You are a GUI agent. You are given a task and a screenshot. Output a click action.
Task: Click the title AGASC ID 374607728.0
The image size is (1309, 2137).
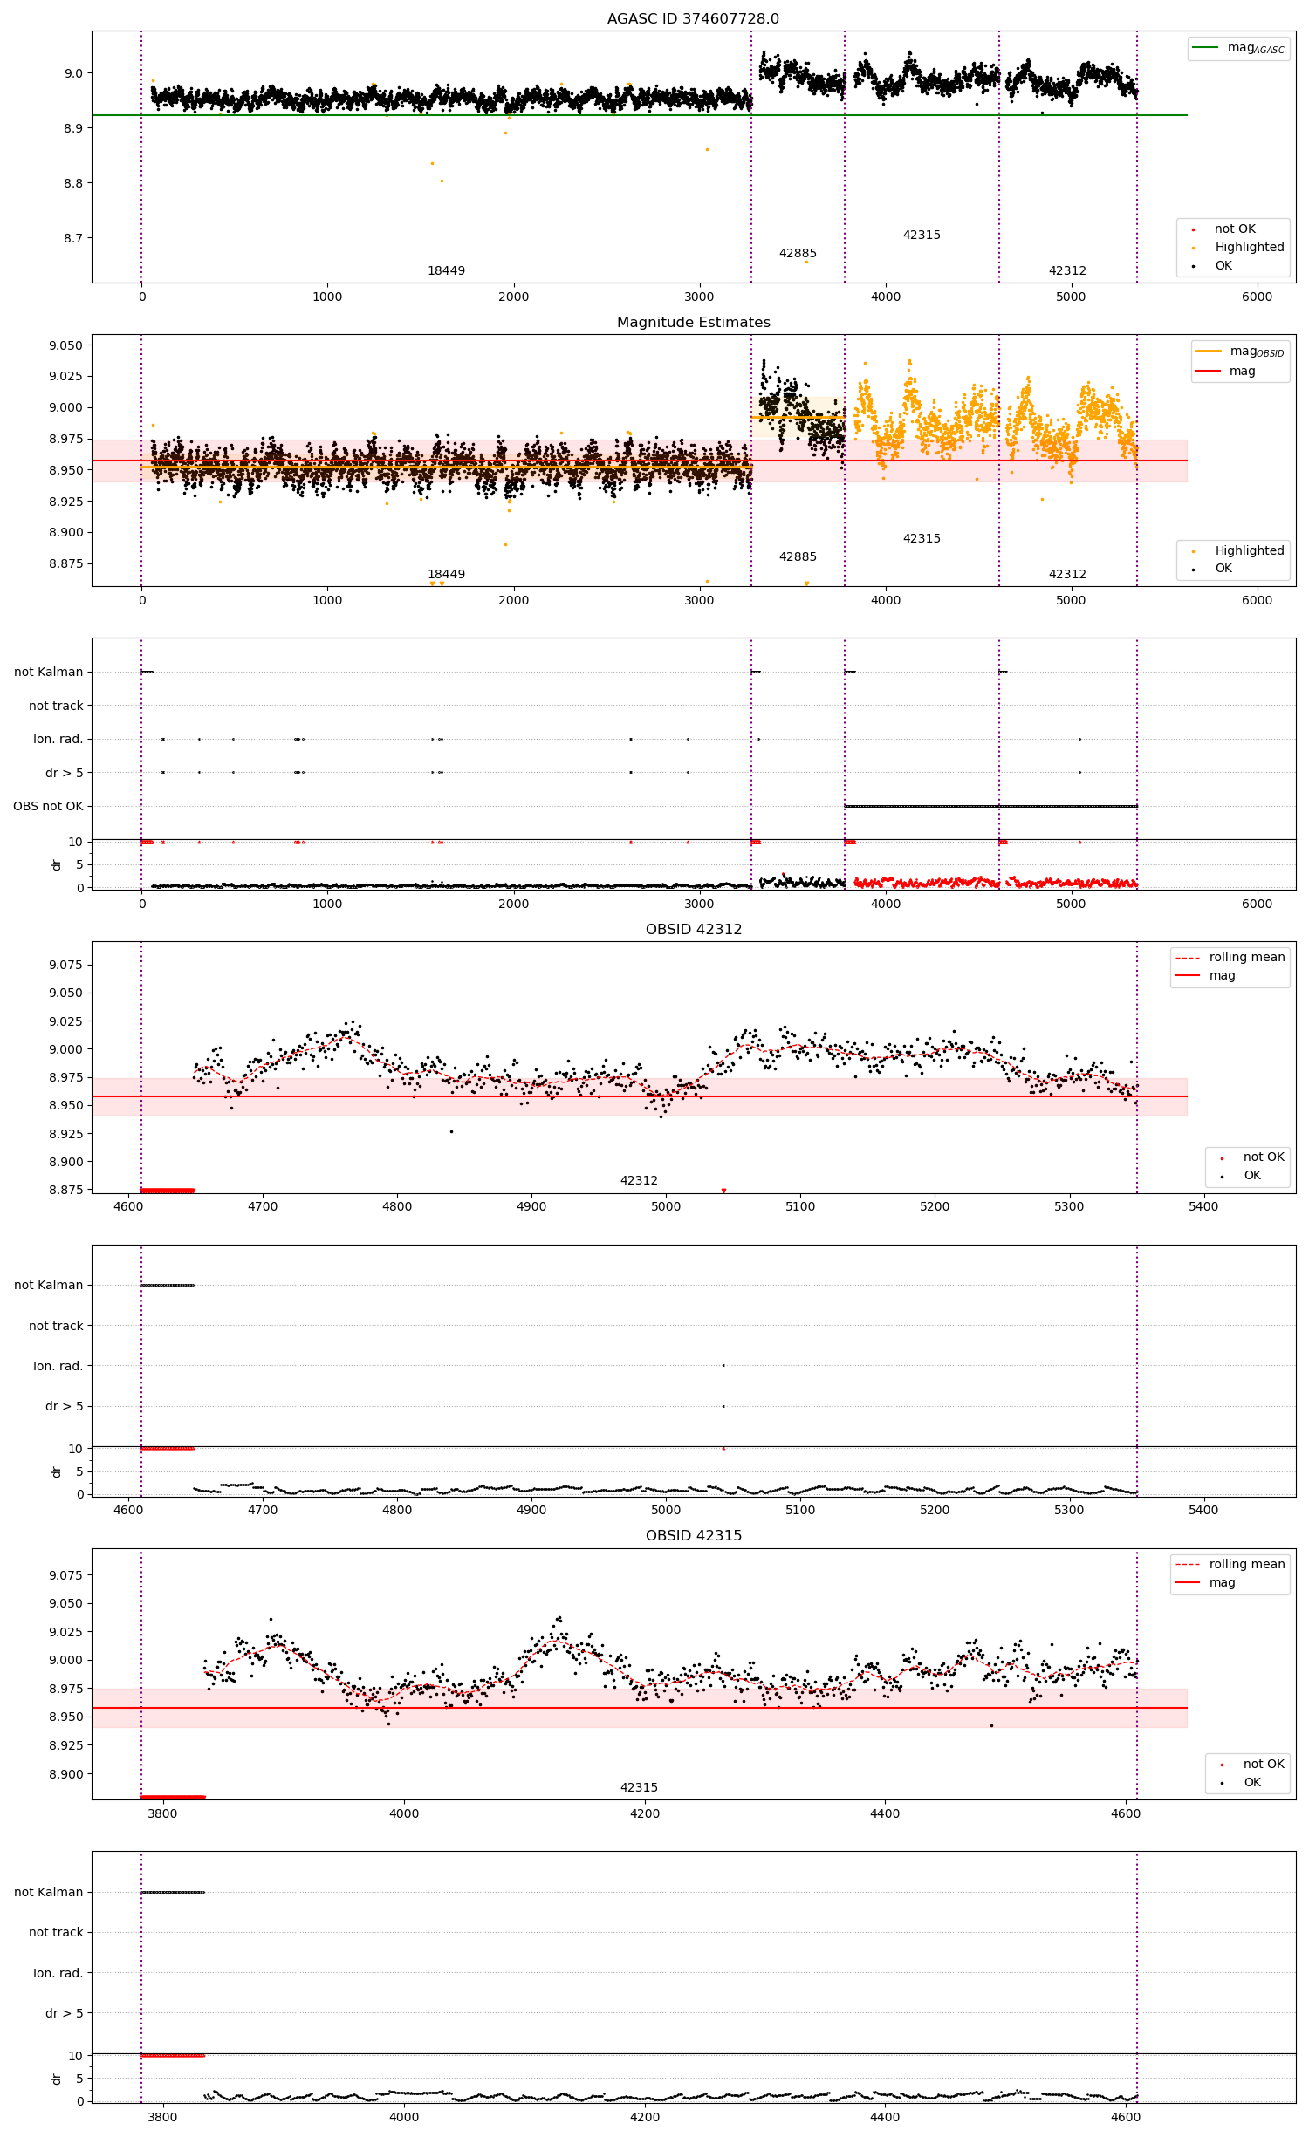click(693, 18)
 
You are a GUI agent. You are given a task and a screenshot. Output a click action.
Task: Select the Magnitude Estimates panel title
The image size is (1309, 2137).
click(693, 322)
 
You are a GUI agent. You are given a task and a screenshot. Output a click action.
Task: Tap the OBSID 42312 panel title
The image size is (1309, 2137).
click(693, 929)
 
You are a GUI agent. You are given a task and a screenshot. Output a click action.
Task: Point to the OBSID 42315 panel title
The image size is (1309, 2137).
click(693, 1535)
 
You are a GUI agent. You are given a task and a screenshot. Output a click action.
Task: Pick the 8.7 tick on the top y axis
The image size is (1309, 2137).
click(73, 238)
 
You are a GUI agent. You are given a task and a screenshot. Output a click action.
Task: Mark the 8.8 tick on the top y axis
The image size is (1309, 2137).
click(73, 183)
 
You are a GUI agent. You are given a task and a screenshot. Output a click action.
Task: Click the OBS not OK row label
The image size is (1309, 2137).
click(48, 806)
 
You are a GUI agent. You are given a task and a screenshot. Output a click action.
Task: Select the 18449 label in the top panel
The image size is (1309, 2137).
click(446, 270)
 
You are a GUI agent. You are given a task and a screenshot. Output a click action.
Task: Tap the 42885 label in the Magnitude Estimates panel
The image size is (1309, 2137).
click(798, 556)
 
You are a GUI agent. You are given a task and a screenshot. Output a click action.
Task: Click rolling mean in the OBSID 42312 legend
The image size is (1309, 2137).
click(1246, 957)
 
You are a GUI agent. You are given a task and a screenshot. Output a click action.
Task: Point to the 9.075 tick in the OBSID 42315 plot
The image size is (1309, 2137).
click(65, 1575)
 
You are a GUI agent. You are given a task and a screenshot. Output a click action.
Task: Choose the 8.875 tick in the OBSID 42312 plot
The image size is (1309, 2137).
click(65, 1190)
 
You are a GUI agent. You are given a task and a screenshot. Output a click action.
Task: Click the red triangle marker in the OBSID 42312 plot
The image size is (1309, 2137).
click(723, 1191)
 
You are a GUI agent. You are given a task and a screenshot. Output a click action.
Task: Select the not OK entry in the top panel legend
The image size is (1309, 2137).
click(1235, 229)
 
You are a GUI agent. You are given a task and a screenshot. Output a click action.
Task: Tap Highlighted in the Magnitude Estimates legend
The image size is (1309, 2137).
click(1249, 550)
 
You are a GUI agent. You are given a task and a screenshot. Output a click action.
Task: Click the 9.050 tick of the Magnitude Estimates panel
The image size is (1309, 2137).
click(65, 345)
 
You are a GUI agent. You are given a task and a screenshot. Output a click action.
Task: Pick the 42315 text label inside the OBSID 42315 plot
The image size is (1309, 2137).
click(639, 1787)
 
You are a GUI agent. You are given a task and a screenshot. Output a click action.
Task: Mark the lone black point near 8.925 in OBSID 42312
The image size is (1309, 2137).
click(451, 1131)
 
